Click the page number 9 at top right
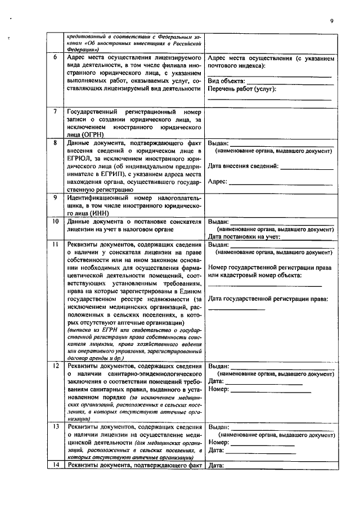point(332,21)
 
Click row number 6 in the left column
point(55,58)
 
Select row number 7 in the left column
point(55,112)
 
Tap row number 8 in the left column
point(55,143)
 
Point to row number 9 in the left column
point(55,198)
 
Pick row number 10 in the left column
point(55,222)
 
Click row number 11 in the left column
point(55,245)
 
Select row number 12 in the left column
point(55,366)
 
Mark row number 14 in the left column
point(55,465)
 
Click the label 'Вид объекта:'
point(226,81)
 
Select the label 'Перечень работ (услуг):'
point(242,89)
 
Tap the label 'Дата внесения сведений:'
point(243,166)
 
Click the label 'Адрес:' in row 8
point(217,182)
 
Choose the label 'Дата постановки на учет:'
point(244,237)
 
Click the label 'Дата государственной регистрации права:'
point(268,299)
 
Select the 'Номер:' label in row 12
point(219,389)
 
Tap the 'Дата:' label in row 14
point(216,465)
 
